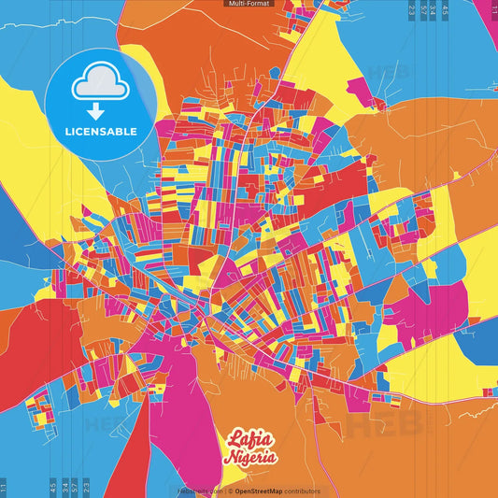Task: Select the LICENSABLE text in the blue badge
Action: [102, 132]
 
